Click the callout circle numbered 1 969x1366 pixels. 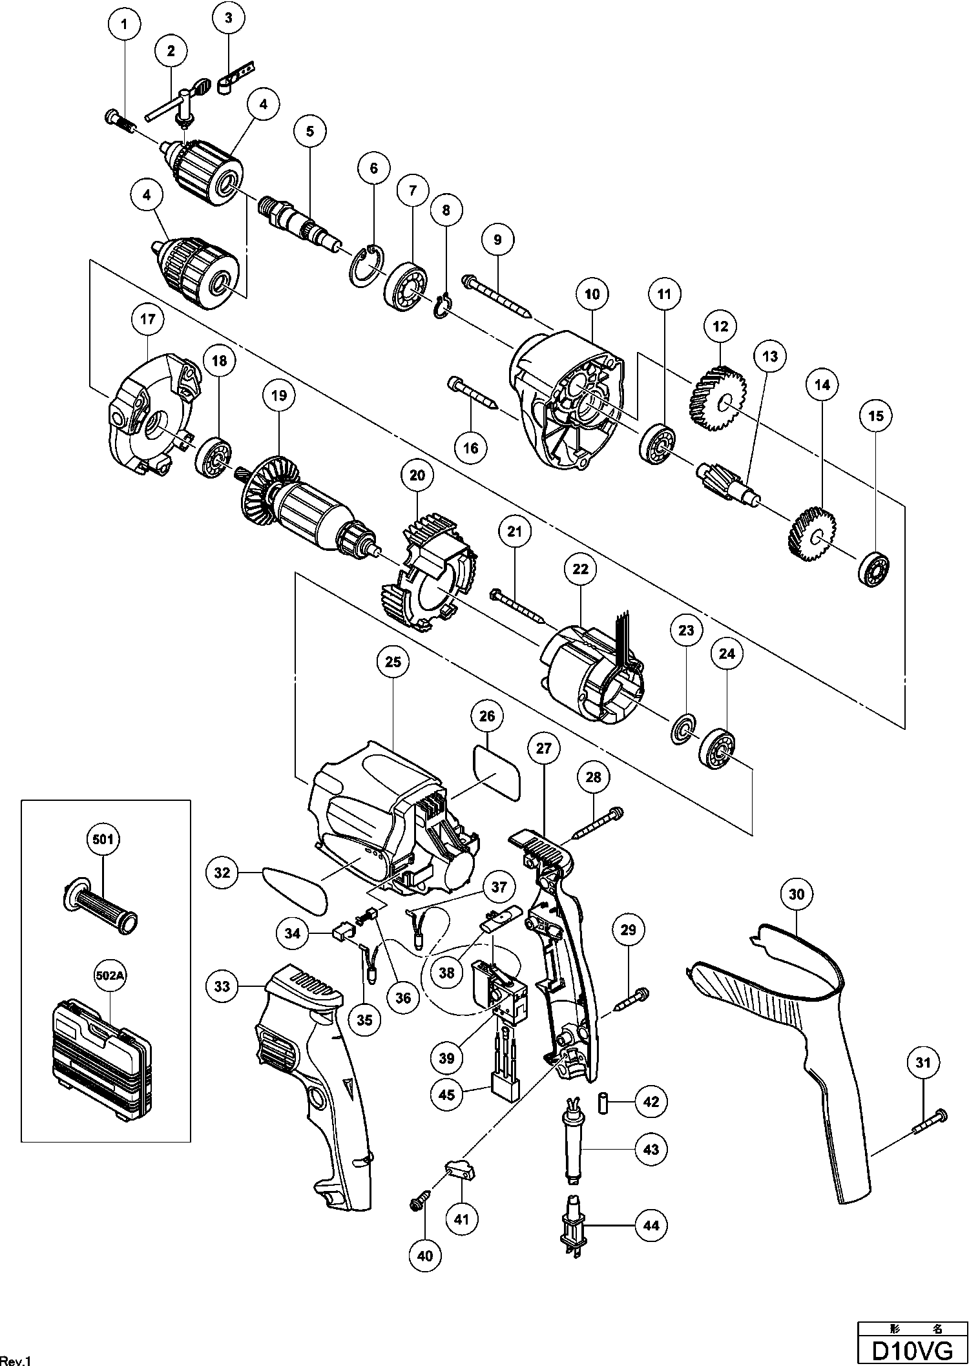pos(125,26)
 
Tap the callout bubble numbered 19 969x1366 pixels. pos(278,395)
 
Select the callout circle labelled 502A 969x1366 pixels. pos(110,975)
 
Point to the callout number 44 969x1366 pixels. pos(651,1225)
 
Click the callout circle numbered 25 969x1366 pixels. pos(393,662)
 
